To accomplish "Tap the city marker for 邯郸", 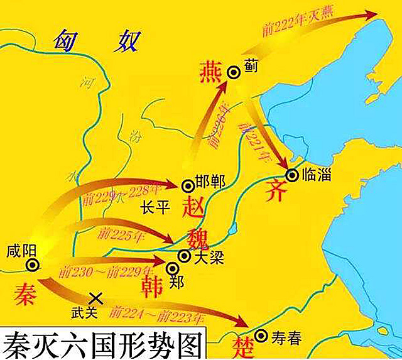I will tap(187, 185).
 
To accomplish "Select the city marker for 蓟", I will tap(234, 72).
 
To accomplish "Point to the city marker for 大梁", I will tap(184, 256).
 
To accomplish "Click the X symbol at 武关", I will tap(96, 298).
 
